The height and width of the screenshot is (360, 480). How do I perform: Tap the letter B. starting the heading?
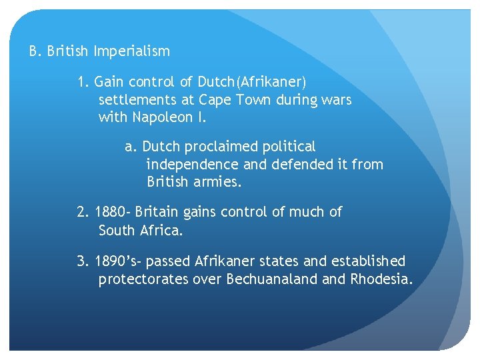click(36, 51)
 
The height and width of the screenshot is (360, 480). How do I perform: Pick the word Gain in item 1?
click(109, 83)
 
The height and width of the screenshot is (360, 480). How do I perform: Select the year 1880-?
click(113, 213)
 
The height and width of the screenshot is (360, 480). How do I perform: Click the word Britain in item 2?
click(157, 213)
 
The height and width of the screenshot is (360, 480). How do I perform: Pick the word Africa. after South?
click(161, 231)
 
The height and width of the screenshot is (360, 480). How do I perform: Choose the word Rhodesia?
click(381, 279)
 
